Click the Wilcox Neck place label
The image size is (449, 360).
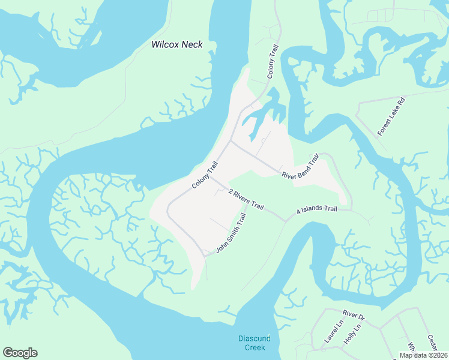pos(176,44)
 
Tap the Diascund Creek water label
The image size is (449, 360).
pos(255,343)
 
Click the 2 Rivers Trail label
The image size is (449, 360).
pos(246,199)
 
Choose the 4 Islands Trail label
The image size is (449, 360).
pos(317,211)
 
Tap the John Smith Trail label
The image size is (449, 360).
pos(231,233)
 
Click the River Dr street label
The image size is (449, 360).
pos(354,315)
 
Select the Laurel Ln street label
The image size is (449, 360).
pos(333,331)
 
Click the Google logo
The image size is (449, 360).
pos(20,353)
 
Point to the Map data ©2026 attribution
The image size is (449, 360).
pos(423,355)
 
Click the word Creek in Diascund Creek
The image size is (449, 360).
pos(255,347)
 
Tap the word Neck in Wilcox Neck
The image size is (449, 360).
pos(193,44)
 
